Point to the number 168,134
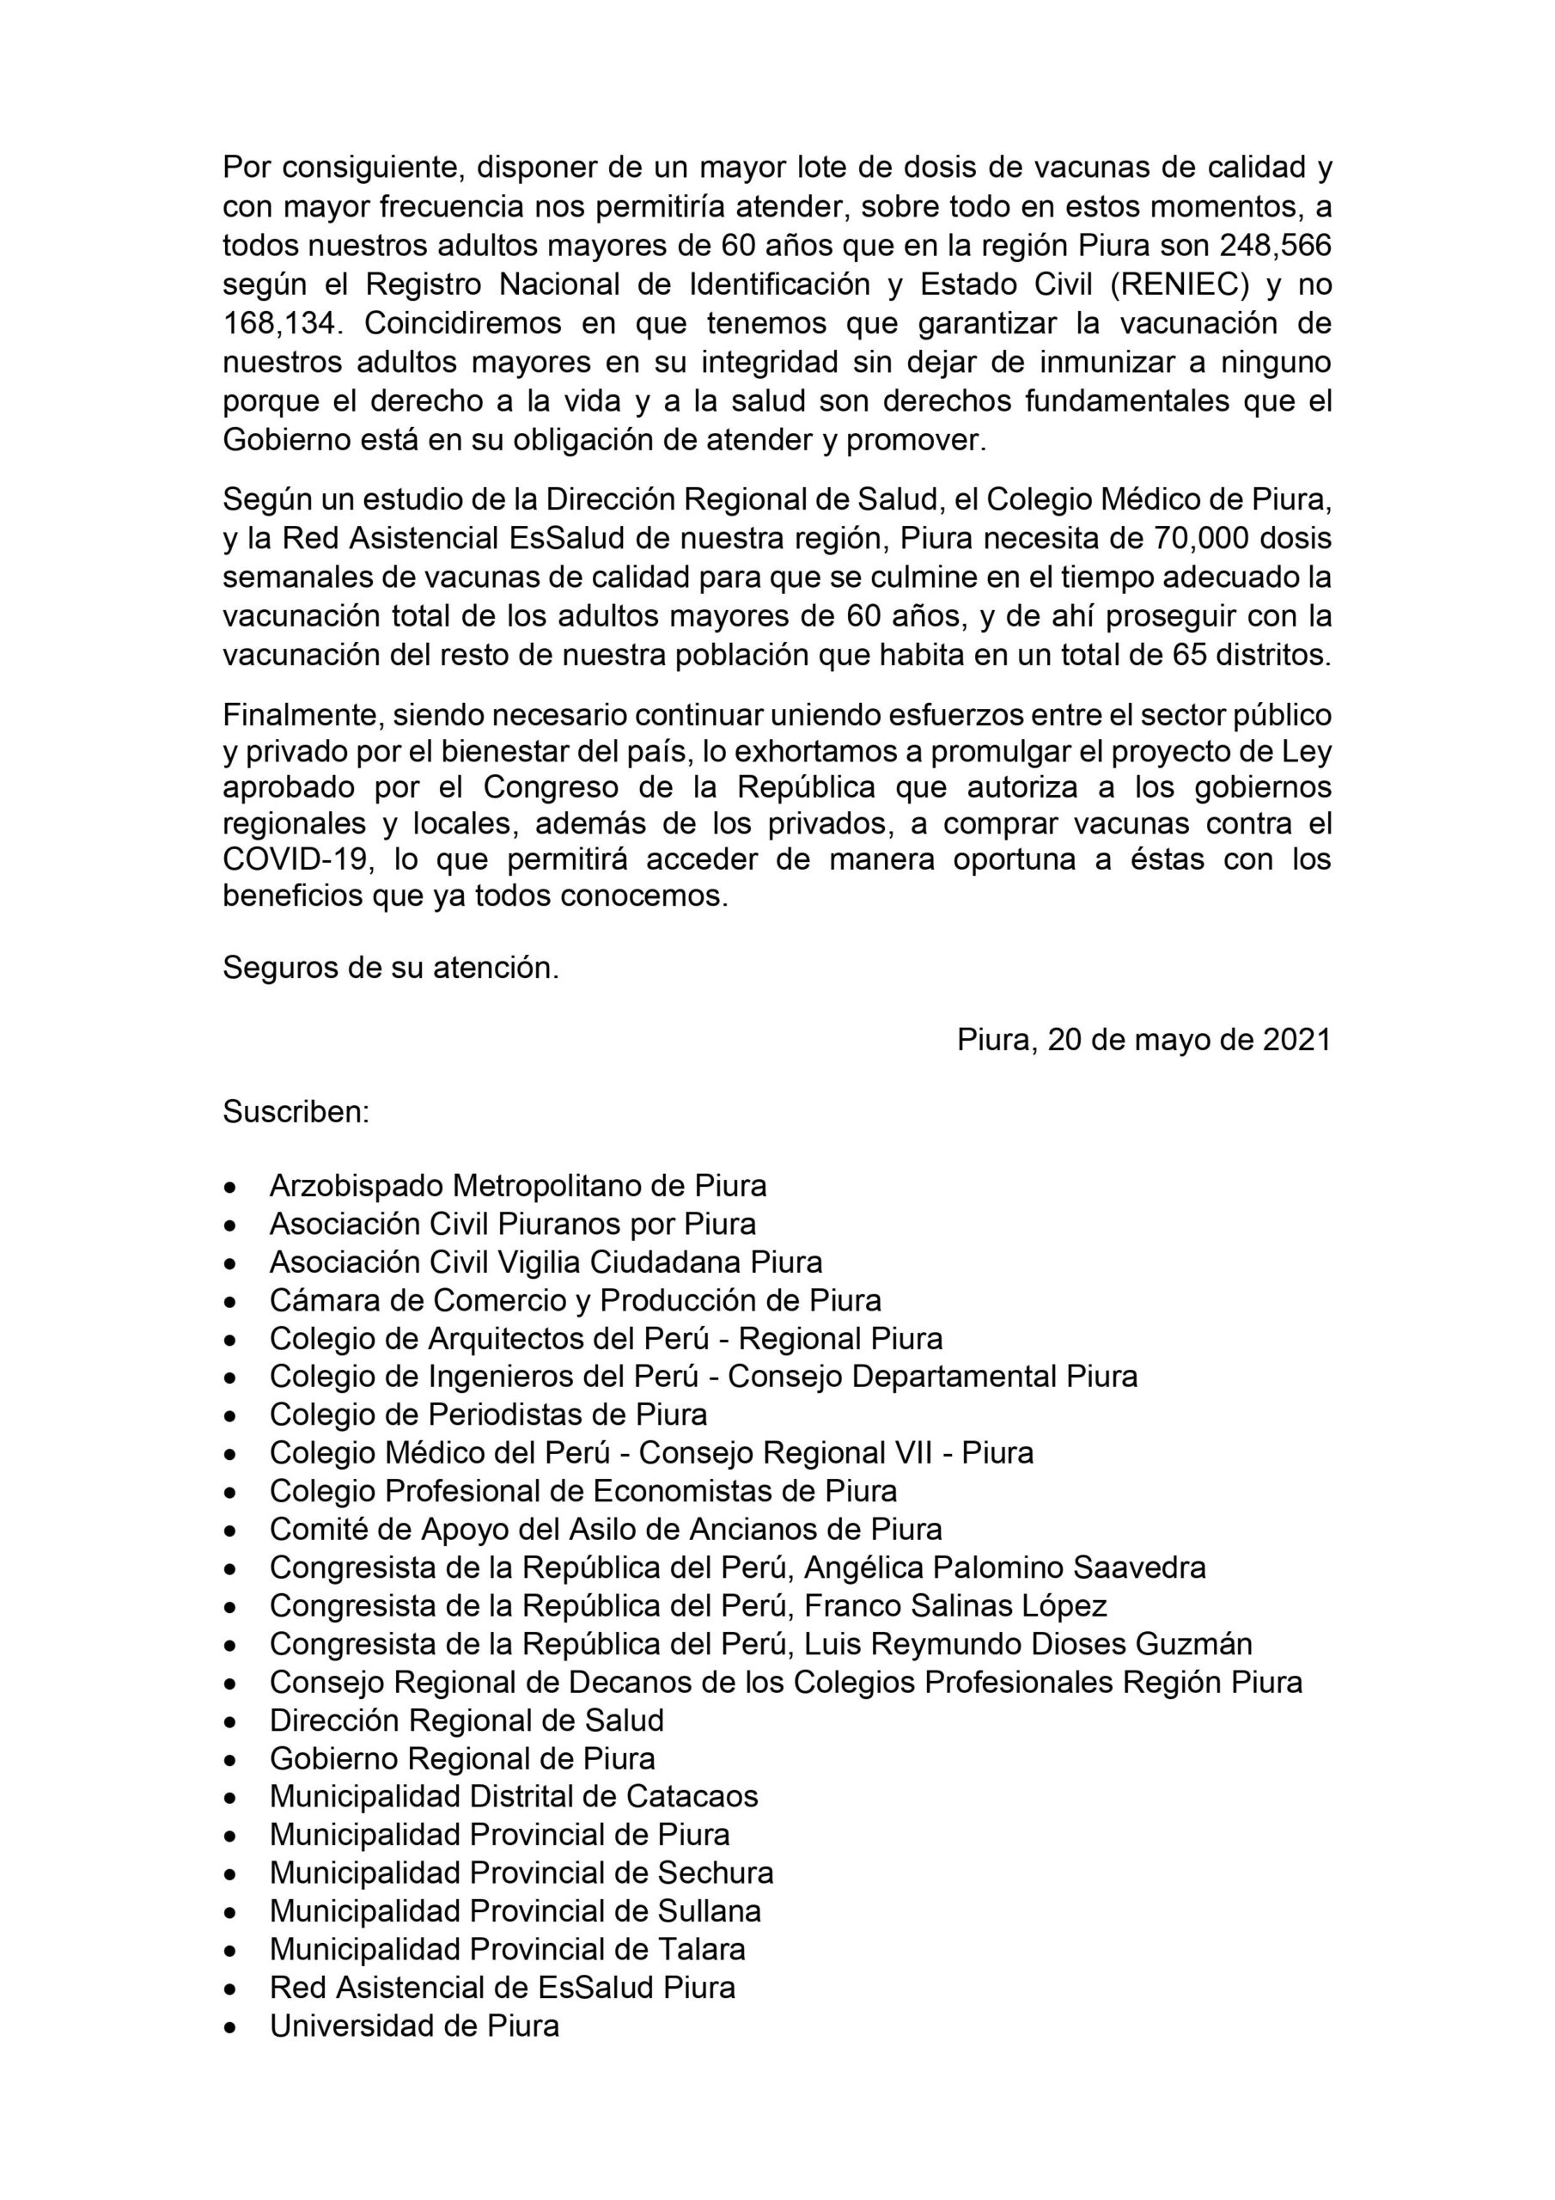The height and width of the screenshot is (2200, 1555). [281, 323]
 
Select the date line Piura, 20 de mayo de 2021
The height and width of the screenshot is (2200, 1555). [1144, 1041]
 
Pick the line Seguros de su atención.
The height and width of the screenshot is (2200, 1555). [391, 968]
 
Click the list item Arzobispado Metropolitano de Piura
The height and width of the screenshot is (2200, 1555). [517, 1186]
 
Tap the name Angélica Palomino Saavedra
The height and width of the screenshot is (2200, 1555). [1004, 1567]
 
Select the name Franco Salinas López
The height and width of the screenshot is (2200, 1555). [955, 1606]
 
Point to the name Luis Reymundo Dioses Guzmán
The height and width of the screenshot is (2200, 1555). [1028, 1644]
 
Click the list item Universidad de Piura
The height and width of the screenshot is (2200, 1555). [414, 2026]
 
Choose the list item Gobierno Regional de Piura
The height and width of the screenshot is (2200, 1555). [462, 1758]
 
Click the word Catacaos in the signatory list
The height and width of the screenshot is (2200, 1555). [692, 1797]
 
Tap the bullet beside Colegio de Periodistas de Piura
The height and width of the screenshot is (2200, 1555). [230, 1416]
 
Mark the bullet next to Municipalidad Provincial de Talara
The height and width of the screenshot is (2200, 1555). [230, 1950]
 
